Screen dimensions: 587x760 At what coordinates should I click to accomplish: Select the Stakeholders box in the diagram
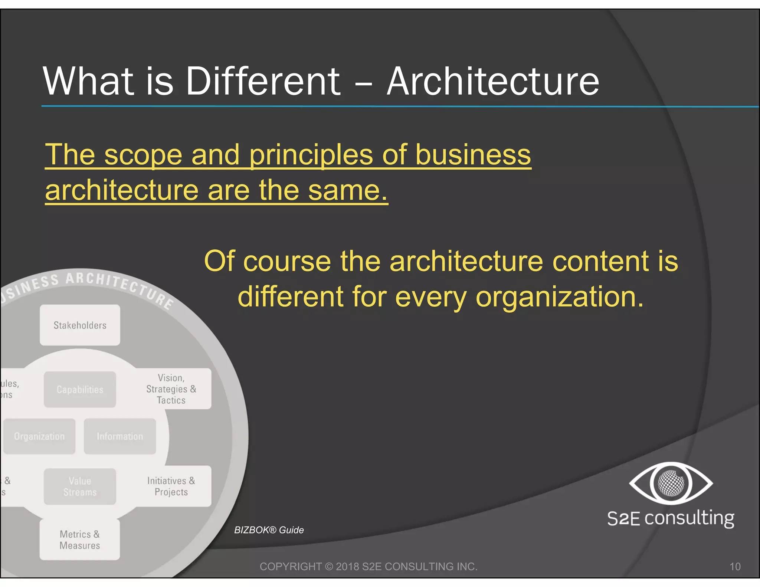point(80,325)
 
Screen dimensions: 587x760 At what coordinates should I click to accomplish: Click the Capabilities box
point(80,389)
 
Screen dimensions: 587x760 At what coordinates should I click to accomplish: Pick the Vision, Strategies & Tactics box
point(171,389)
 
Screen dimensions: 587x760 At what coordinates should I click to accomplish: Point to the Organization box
point(39,436)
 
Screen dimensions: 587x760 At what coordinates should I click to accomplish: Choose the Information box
point(120,436)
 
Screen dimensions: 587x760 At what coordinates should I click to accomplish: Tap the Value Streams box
point(80,486)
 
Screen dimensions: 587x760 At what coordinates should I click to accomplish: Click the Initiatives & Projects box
point(171,486)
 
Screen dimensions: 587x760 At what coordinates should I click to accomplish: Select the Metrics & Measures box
point(80,540)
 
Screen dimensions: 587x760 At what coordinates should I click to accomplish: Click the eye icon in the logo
point(671,483)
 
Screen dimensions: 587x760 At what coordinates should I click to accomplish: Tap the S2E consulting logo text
point(671,518)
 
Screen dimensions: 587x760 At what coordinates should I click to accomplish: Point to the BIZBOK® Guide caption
point(269,530)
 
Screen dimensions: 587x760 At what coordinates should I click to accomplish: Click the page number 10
point(735,567)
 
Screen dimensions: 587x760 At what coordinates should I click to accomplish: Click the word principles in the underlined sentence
point(311,155)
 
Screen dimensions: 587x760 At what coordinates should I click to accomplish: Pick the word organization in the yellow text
point(559,297)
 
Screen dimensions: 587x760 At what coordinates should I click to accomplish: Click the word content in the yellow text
point(601,261)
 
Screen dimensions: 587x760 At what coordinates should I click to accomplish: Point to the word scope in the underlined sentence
point(143,155)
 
